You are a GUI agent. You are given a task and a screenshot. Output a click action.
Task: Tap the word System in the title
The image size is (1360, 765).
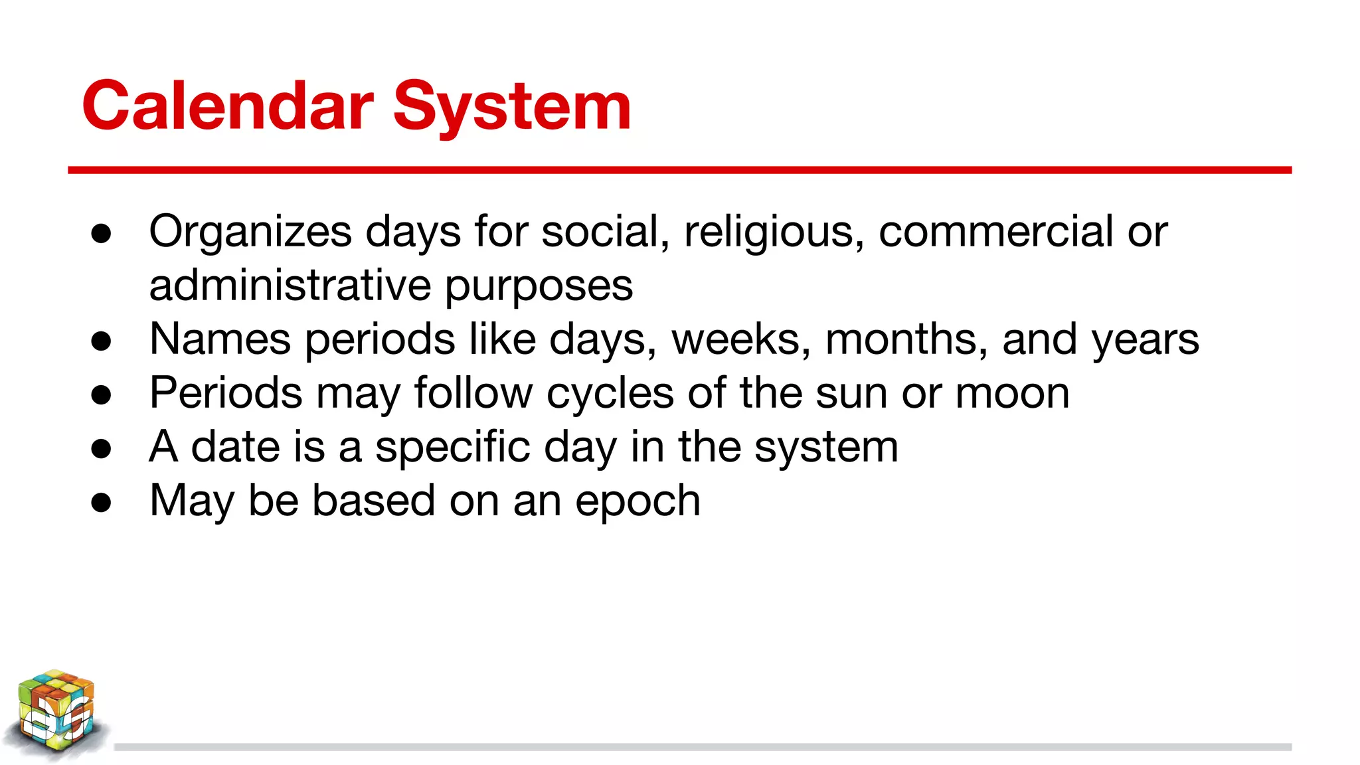pos(512,106)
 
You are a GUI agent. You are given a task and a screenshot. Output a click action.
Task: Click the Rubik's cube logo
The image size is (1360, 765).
pos(56,714)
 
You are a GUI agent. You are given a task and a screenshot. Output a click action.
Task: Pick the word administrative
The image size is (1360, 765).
pos(290,286)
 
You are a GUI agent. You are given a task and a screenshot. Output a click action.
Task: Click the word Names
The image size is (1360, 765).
pos(220,339)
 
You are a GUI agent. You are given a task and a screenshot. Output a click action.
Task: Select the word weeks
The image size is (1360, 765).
pos(740,339)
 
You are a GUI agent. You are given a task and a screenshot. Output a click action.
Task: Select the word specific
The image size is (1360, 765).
pos(452,447)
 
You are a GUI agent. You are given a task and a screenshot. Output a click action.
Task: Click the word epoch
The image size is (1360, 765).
pos(637,501)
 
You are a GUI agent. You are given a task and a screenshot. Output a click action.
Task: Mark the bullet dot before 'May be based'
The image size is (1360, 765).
pos(102,502)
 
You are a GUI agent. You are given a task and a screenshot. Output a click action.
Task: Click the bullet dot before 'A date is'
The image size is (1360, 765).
pos(102,448)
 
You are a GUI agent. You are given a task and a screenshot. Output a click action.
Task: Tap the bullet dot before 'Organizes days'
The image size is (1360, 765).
pos(102,234)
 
